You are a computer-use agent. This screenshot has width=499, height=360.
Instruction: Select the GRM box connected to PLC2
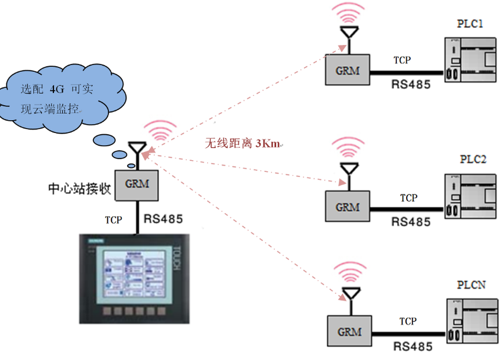348,207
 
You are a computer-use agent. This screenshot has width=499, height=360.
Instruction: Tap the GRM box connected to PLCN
348,332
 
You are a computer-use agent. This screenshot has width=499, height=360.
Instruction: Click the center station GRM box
136,185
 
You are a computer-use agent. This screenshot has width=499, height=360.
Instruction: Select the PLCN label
471,285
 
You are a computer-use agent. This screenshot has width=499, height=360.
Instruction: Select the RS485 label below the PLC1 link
411,85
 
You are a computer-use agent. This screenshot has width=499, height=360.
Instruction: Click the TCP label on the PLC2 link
408,198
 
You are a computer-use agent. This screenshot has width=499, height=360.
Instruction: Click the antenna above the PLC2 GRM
349,168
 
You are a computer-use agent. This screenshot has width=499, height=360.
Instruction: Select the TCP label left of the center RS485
114,220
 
